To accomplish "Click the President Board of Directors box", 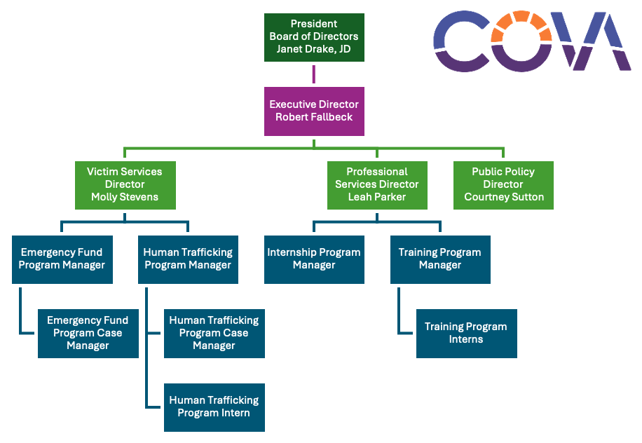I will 314,36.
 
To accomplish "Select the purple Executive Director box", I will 314,111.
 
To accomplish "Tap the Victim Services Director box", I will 125,185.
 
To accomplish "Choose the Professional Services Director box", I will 377,185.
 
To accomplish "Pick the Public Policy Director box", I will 503,185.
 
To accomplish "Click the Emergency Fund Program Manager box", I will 62,259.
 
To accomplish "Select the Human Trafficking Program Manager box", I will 188,259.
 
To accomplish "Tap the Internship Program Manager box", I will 314,259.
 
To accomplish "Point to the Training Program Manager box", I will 440,259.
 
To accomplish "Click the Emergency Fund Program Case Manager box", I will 88,333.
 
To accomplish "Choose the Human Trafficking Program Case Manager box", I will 214,333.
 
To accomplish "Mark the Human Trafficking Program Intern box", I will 214,407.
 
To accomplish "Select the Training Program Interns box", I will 466,333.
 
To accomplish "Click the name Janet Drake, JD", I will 314,49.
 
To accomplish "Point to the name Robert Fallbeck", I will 314,117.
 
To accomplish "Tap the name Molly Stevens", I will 125,197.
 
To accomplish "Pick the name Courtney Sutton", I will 503,197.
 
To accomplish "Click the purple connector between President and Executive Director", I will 314,74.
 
